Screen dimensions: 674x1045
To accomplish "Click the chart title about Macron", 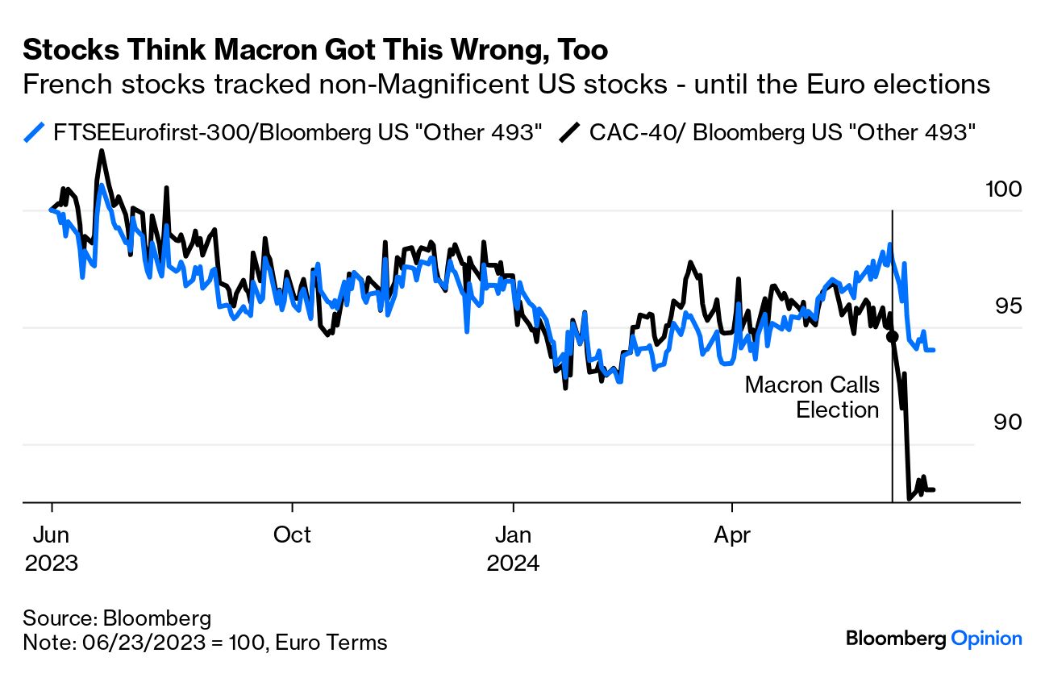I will point(315,50).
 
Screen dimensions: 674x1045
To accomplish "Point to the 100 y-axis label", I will point(1003,189).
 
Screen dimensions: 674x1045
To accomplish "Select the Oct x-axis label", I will point(292,535).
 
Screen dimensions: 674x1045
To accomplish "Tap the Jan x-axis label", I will point(513,535).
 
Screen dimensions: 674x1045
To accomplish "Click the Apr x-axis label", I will point(732,535).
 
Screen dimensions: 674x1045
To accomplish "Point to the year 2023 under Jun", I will point(52,562).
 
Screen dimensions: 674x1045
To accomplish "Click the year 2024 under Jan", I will point(513,562).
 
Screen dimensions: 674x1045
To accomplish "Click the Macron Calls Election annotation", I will point(813,397).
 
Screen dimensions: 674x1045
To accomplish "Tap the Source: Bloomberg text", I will point(117,619).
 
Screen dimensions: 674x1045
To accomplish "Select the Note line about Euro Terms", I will point(205,643).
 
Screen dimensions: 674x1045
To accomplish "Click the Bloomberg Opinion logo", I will point(934,639).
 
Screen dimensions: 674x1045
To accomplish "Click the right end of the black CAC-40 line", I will point(934,489).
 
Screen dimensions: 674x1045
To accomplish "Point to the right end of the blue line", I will point(934,350).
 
